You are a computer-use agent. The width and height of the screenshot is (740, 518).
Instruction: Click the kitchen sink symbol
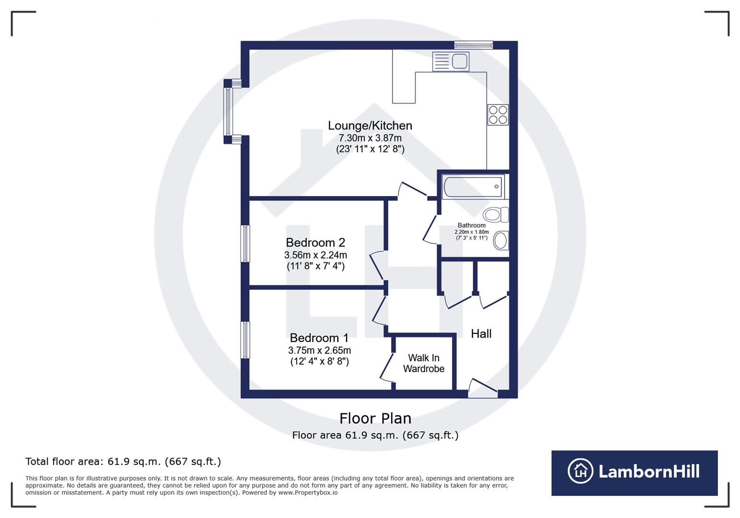tap(451, 61)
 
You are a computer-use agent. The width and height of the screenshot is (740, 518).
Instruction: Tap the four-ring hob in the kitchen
tap(498, 115)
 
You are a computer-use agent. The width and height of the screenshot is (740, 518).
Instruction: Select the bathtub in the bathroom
tap(473, 187)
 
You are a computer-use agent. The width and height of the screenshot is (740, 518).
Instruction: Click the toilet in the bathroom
tap(495, 214)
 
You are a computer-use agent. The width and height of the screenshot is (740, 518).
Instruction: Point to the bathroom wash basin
tap(501, 240)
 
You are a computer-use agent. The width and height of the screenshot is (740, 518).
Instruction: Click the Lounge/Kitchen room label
tap(370, 126)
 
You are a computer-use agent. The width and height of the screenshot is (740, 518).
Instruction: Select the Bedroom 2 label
tap(315, 243)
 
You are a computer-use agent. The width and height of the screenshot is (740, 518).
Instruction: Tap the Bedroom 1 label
tap(319, 338)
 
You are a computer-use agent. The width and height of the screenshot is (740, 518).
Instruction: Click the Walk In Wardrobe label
tap(424, 364)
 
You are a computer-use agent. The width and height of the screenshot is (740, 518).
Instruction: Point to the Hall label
tap(481, 334)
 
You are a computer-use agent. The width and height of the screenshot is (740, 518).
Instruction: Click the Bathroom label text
tap(472, 225)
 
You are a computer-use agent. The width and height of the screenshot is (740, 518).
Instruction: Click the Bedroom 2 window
tap(245, 244)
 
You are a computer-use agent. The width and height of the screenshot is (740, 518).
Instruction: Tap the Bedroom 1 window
tap(245, 340)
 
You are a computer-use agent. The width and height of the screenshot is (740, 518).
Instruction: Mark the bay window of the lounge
tap(229, 112)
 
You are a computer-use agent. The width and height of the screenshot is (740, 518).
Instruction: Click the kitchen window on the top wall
tap(474, 45)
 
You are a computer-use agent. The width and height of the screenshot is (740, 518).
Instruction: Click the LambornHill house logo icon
tap(580, 471)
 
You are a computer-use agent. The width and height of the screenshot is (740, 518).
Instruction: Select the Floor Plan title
tap(375, 419)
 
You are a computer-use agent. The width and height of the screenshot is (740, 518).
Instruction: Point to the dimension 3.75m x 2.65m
tap(319, 351)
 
